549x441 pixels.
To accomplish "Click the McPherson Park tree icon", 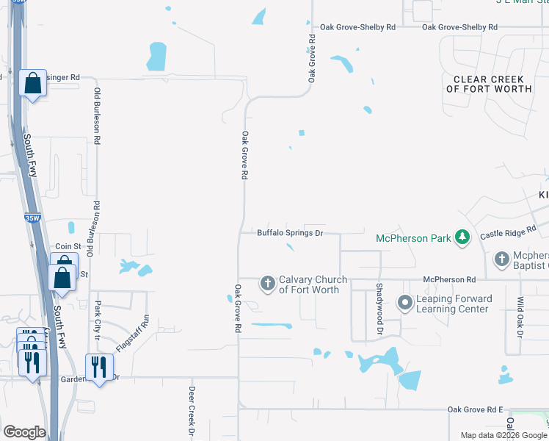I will [462, 237].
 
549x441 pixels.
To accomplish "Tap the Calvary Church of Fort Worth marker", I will [267, 283].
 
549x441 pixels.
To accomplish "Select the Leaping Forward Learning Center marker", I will [404, 302].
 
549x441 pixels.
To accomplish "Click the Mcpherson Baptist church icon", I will [502, 259].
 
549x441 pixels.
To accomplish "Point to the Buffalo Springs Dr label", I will [290, 233].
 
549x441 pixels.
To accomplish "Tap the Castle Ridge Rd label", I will [508, 234].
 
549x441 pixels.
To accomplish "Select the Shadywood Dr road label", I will [379, 310].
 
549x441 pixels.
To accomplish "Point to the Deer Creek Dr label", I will [192, 411].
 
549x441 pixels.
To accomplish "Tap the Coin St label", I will [67, 247].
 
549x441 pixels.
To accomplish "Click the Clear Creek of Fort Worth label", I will [489, 84].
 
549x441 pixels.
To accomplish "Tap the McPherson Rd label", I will [450, 280].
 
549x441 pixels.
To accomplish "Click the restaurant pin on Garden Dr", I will [99, 367].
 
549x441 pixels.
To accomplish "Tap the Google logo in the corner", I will [24, 432].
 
